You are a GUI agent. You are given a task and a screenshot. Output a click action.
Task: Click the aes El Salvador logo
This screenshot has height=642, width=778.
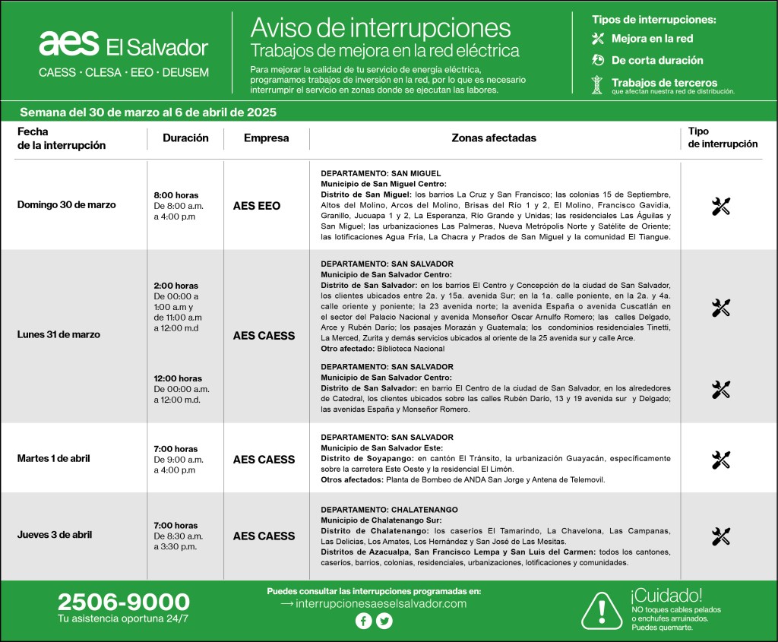click(x=123, y=46)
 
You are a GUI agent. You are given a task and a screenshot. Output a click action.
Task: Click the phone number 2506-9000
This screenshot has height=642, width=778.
click(x=123, y=603)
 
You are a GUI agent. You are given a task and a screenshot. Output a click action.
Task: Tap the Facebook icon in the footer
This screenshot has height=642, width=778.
click(x=364, y=621)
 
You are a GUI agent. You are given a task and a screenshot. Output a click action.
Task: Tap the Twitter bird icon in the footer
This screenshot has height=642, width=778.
click(x=384, y=621)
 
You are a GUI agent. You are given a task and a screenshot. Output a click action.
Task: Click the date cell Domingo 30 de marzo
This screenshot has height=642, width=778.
click(x=67, y=205)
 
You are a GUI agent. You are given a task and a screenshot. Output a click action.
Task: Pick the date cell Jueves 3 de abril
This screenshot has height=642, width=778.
click(x=55, y=535)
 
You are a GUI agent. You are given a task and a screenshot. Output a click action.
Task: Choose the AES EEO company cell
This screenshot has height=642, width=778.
click(x=257, y=206)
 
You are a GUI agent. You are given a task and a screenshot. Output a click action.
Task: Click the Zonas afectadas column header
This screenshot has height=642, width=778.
click(x=494, y=138)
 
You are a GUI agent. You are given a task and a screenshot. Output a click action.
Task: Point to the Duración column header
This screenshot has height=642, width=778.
click(x=185, y=138)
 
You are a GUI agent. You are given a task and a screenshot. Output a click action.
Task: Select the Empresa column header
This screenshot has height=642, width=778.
click(x=267, y=138)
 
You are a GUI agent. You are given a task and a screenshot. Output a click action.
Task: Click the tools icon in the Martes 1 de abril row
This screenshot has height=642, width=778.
click(x=721, y=460)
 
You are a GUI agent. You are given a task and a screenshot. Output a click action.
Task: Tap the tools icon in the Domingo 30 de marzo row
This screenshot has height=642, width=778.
click(x=721, y=206)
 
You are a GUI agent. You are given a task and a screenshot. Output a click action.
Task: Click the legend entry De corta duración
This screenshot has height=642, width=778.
click(x=656, y=60)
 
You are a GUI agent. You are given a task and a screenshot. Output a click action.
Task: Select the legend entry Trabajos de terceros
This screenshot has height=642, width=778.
click(x=663, y=83)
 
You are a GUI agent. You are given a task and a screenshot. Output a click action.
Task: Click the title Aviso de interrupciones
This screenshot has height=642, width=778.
click(x=381, y=28)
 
